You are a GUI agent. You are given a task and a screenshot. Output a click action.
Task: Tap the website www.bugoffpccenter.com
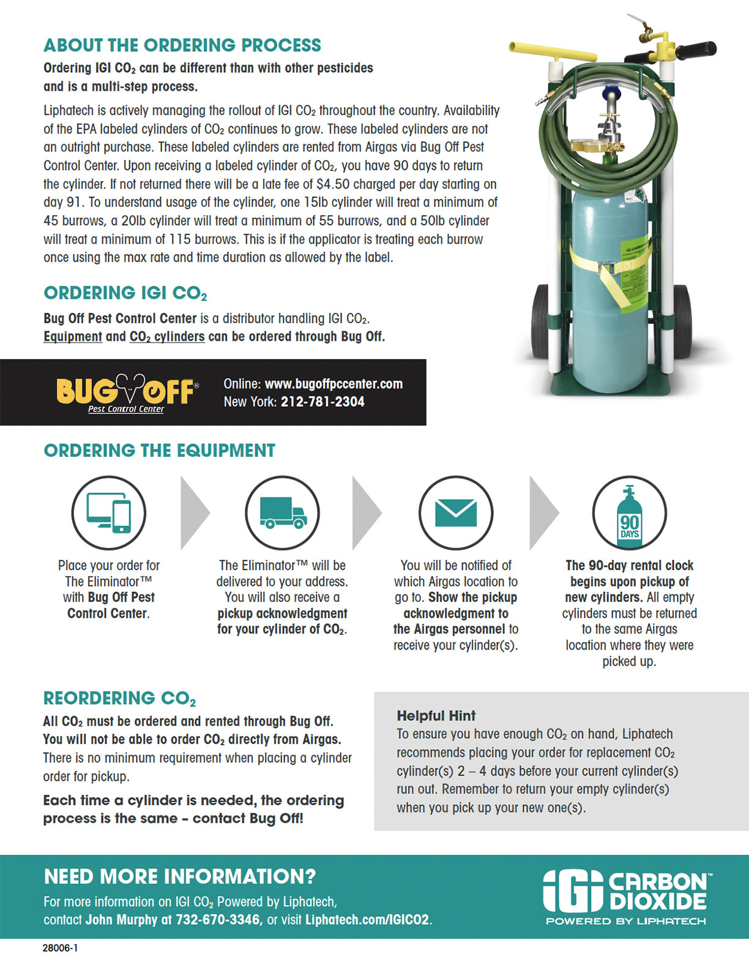click(334, 384)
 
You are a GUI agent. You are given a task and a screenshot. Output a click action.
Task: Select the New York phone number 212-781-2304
click(322, 402)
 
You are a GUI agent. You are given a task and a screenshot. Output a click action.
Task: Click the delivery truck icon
click(282, 513)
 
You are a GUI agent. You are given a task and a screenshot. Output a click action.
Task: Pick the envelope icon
click(455, 513)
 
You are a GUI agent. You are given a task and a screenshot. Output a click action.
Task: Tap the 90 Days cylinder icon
click(629, 513)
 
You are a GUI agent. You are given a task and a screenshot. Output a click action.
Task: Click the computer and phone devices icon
click(109, 513)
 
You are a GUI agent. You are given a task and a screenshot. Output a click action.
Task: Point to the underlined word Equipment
click(73, 336)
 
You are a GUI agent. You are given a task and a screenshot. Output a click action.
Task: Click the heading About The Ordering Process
click(182, 45)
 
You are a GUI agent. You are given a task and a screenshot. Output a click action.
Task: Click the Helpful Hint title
click(436, 716)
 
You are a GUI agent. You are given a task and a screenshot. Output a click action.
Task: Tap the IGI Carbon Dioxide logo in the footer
click(626, 896)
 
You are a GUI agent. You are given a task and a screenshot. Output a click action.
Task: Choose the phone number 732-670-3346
click(218, 919)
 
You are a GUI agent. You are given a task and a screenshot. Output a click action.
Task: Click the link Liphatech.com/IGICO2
click(367, 919)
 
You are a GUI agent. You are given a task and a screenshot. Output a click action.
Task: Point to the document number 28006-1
click(60, 948)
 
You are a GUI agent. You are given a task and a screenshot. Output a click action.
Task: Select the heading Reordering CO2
click(119, 698)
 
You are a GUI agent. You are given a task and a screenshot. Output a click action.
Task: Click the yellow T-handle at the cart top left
click(551, 51)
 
